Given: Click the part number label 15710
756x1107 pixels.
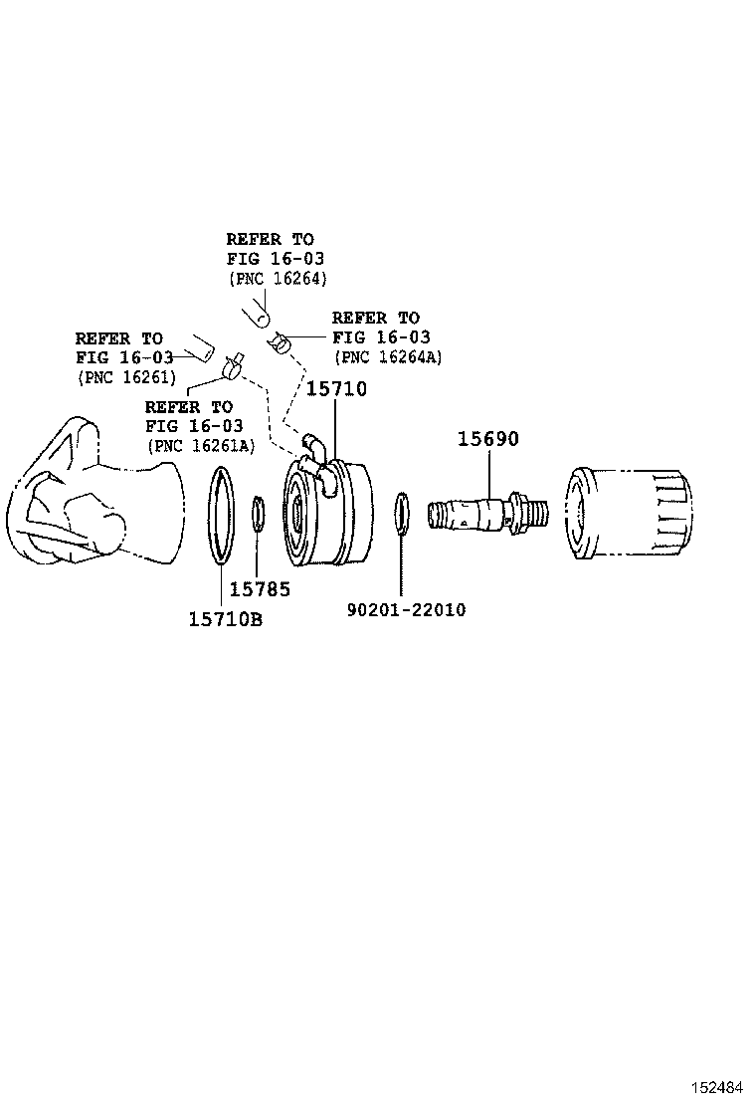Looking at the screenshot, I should [335, 389].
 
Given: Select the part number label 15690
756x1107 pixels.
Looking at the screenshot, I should [487, 439].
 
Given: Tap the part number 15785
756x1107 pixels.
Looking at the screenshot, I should [260, 589].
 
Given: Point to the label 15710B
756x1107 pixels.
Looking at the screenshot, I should [225, 619].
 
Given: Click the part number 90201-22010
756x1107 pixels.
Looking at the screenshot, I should [406, 609].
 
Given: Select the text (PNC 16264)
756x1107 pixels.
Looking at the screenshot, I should [278, 278].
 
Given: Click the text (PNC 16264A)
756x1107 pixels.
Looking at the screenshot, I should [388, 356].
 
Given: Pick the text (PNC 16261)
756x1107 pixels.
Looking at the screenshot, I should [126, 376].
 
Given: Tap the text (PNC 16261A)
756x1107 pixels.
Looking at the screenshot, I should [200, 445].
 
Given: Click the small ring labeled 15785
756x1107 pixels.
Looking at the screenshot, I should [257, 515].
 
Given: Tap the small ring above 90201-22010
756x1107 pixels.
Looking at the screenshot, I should [401, 511].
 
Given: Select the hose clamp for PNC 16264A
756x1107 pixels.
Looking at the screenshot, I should [281, 344].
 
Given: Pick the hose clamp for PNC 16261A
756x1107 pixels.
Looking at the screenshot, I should [234, 366].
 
